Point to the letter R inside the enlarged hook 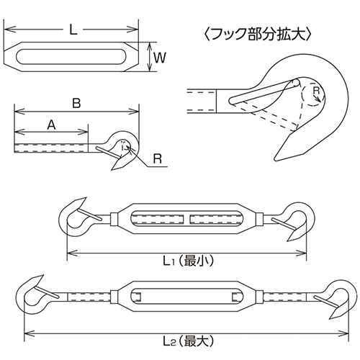tap(315, 91)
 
